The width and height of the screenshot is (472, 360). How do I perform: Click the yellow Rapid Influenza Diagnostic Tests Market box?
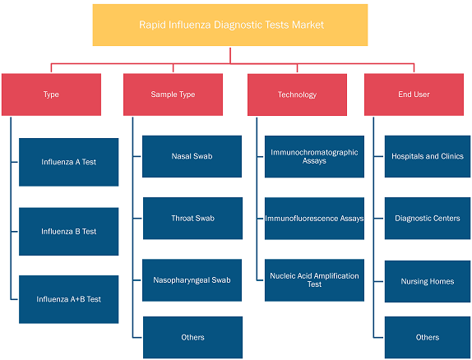(x=230, y=25)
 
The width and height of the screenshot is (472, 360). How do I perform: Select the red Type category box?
(x=51, y=95)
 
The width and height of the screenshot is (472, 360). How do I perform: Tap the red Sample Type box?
(x=173, y=95)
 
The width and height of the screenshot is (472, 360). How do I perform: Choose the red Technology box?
(x=297, y=95)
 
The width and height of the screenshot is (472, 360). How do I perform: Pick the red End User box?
(x=414, y=95)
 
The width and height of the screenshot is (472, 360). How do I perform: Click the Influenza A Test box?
(x=68, y=162)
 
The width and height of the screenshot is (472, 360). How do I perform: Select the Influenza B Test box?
(x=68, y=232)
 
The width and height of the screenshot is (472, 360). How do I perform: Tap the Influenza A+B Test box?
(x=68, y=299)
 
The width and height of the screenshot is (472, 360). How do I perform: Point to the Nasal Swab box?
(x=192, y=156)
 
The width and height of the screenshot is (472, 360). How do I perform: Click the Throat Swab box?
(x=192, y=219)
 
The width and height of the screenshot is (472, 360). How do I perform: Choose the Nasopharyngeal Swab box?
(x=192, y=280)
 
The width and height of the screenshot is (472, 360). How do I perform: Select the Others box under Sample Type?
(x=192, y=338)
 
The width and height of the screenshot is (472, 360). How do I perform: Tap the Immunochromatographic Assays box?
(x=315, y=156)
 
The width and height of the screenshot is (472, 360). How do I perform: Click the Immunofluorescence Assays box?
(x=315, y=219)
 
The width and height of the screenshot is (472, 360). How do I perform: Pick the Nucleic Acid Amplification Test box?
(x=315, y=280)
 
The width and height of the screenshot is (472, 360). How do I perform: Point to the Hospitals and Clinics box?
(x=428, y=156)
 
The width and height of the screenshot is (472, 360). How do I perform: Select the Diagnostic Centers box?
(x=428, y=219)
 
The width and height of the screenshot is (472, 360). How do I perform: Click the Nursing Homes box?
(x=428, y=282)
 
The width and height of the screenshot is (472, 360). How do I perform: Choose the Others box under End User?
(x=428, y=338)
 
